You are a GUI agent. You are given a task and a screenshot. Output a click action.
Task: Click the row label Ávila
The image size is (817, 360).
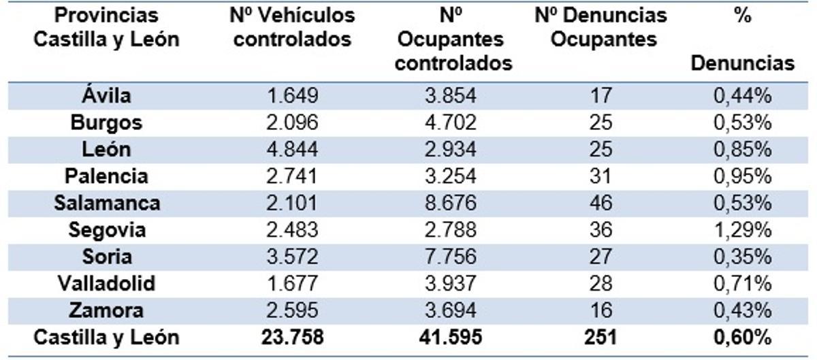[106, 95]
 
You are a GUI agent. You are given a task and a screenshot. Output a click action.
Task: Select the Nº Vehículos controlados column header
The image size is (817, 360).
[292, 27]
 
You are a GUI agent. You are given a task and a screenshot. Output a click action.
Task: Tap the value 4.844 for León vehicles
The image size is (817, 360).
[292, 149]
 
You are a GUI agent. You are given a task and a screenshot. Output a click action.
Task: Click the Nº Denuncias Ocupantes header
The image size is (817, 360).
[600, 27]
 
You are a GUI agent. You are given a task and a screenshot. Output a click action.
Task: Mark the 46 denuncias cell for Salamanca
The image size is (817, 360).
[600, 203]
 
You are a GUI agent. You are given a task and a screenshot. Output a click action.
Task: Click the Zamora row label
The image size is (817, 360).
[106, 310]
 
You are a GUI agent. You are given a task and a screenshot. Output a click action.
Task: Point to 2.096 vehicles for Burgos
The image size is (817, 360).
[292, 122]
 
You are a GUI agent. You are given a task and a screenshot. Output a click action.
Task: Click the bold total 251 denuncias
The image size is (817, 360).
[600, 337]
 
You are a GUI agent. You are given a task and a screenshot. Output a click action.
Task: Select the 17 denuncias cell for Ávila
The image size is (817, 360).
[600, 95]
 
